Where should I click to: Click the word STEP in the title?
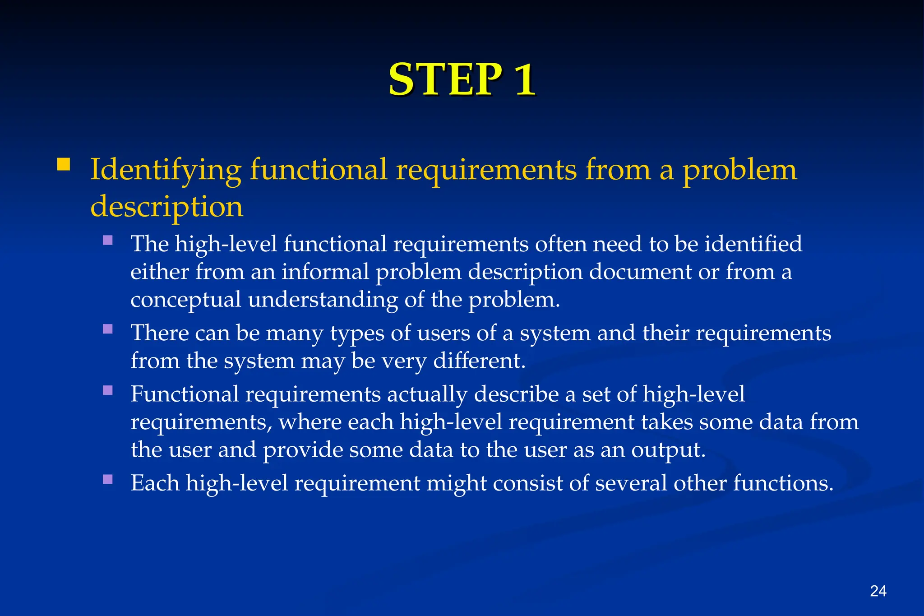coord(444,79)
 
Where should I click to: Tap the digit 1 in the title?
coord(524,79)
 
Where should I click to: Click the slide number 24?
coord(878,591)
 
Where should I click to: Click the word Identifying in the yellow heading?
coord(166,171)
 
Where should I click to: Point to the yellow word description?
coord(166,207)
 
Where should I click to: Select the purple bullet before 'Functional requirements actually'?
coord(108,390)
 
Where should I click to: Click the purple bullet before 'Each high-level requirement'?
coord(108,479)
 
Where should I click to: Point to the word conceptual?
coord(185,300)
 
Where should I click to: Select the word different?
coord(479,361)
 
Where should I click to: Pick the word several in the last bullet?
coord(631,483)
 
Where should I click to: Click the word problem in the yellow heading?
coord(739,171)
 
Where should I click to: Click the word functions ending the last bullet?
coord(782,483)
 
